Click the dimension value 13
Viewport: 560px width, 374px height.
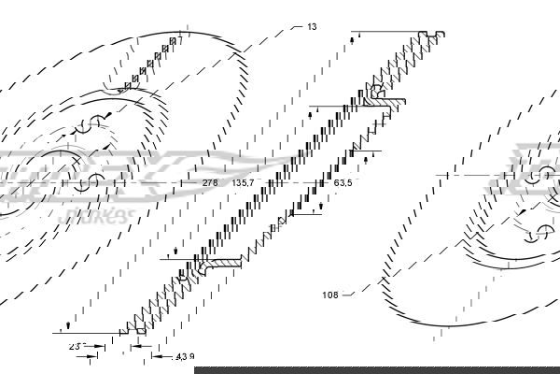point(312,27)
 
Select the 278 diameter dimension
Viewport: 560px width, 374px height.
point(209,183)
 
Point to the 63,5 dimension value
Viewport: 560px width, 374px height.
point(343,183)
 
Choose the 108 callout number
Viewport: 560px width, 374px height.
point(329,295)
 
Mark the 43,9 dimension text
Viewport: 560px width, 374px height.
point(187,355)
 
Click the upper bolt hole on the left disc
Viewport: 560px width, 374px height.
point(95,121)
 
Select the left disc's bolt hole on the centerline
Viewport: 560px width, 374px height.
point(95,182)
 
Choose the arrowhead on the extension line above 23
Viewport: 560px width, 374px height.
point(68,326)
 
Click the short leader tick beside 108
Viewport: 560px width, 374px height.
point(348,295)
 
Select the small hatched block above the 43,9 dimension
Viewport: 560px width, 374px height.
point(140,328)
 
